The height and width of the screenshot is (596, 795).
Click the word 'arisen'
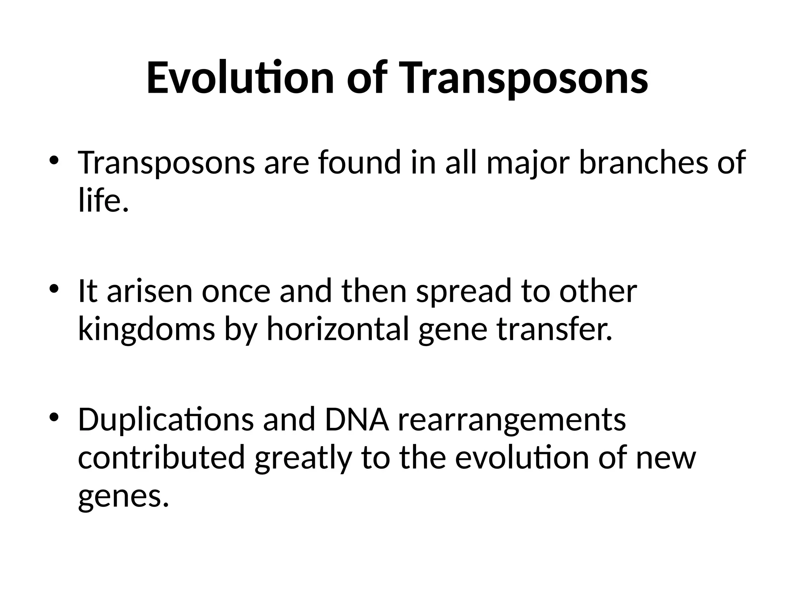[x=149, y=291]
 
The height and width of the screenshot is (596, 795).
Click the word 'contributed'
[x=161, y=458]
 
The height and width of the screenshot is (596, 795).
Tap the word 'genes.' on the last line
[x=123, y=498]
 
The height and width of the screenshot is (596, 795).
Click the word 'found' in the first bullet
[x=359, y=162]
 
